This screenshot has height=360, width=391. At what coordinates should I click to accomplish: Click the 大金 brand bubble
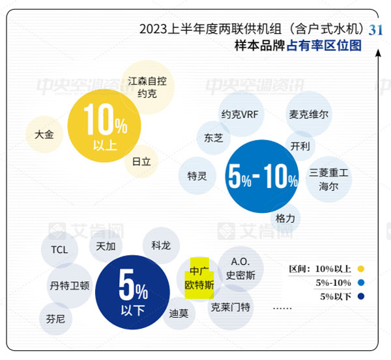(44, 134)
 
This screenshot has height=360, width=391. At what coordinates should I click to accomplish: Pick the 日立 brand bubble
(141, 161)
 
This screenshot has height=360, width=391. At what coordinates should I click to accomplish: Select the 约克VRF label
(240, 115)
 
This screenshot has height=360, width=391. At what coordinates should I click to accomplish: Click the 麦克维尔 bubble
(309, 114)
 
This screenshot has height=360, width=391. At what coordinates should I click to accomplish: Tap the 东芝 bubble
(214, 138)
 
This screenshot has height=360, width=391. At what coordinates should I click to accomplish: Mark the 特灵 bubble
(197, 176)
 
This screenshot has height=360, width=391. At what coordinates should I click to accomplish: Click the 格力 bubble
(285, 217)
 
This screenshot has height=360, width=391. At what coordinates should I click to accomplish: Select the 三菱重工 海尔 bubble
(328, 179)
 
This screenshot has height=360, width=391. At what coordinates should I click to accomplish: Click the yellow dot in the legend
(360, 268)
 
